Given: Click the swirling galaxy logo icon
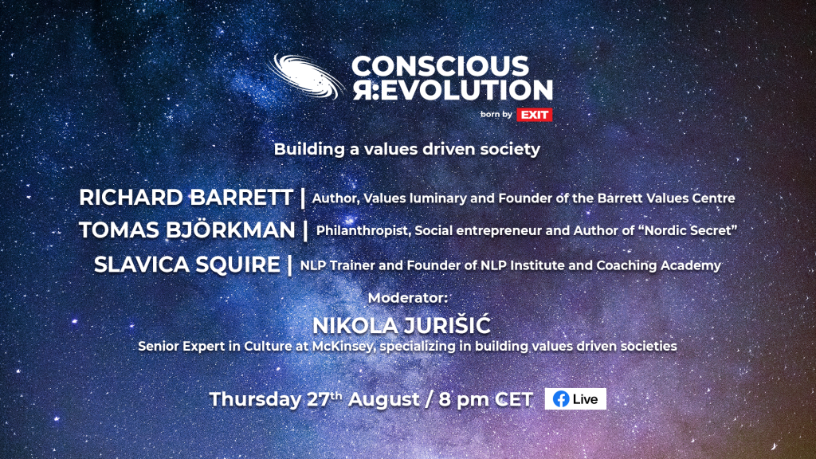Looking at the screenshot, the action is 305,76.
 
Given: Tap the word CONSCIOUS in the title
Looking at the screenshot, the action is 440,66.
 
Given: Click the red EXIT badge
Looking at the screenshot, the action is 535,115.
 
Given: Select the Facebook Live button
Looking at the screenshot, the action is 575,399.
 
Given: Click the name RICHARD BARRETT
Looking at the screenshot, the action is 186,198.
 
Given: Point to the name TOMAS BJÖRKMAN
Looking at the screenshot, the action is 186,230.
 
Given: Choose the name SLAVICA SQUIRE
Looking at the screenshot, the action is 186,265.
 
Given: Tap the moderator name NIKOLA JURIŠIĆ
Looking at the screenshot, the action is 402,325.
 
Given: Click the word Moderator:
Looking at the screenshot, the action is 407,298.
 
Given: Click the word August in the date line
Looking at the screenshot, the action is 383,400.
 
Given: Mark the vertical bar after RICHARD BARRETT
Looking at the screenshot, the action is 303,198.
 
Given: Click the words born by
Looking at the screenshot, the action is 496,115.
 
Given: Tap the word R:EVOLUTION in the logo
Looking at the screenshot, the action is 453,89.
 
